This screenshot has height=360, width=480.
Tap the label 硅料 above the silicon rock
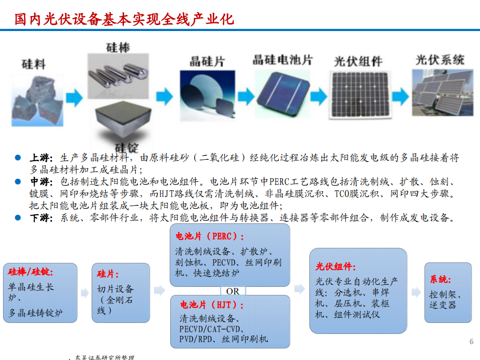click(34, 64)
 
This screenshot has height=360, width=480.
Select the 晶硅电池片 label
click(282, 60)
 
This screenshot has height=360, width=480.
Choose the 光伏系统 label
click(439, 60)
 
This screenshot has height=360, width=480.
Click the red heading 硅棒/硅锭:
click(31, 272)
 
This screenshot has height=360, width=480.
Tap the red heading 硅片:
click(108, 274)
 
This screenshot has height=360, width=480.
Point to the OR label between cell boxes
click(233, 291)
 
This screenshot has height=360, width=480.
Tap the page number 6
click(471, 341)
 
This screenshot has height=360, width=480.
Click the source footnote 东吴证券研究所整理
click(105, 357)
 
